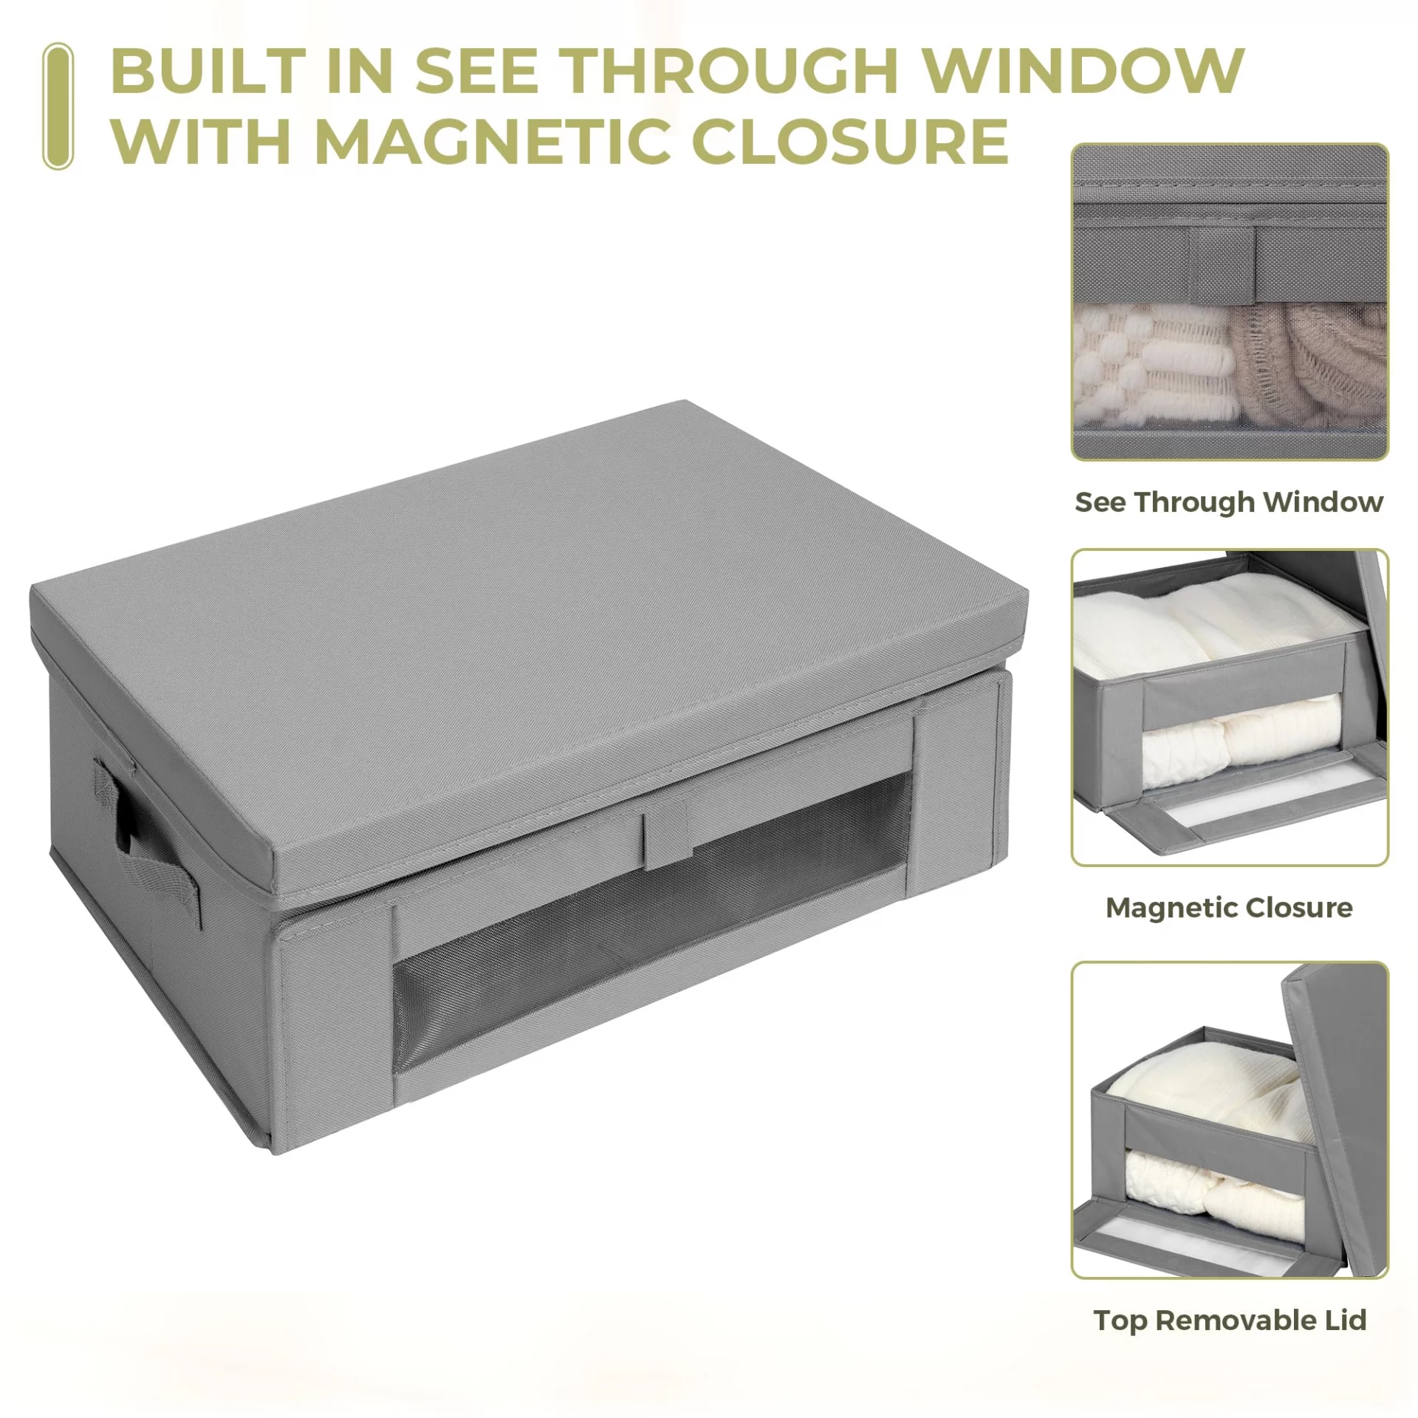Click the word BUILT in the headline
coord(208,70)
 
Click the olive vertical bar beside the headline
coord(58,106)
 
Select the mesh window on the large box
coord(650,923)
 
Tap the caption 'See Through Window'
coord(1229,502)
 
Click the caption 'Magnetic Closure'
coord(1229,907)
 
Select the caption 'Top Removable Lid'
coord(1230,1320)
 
